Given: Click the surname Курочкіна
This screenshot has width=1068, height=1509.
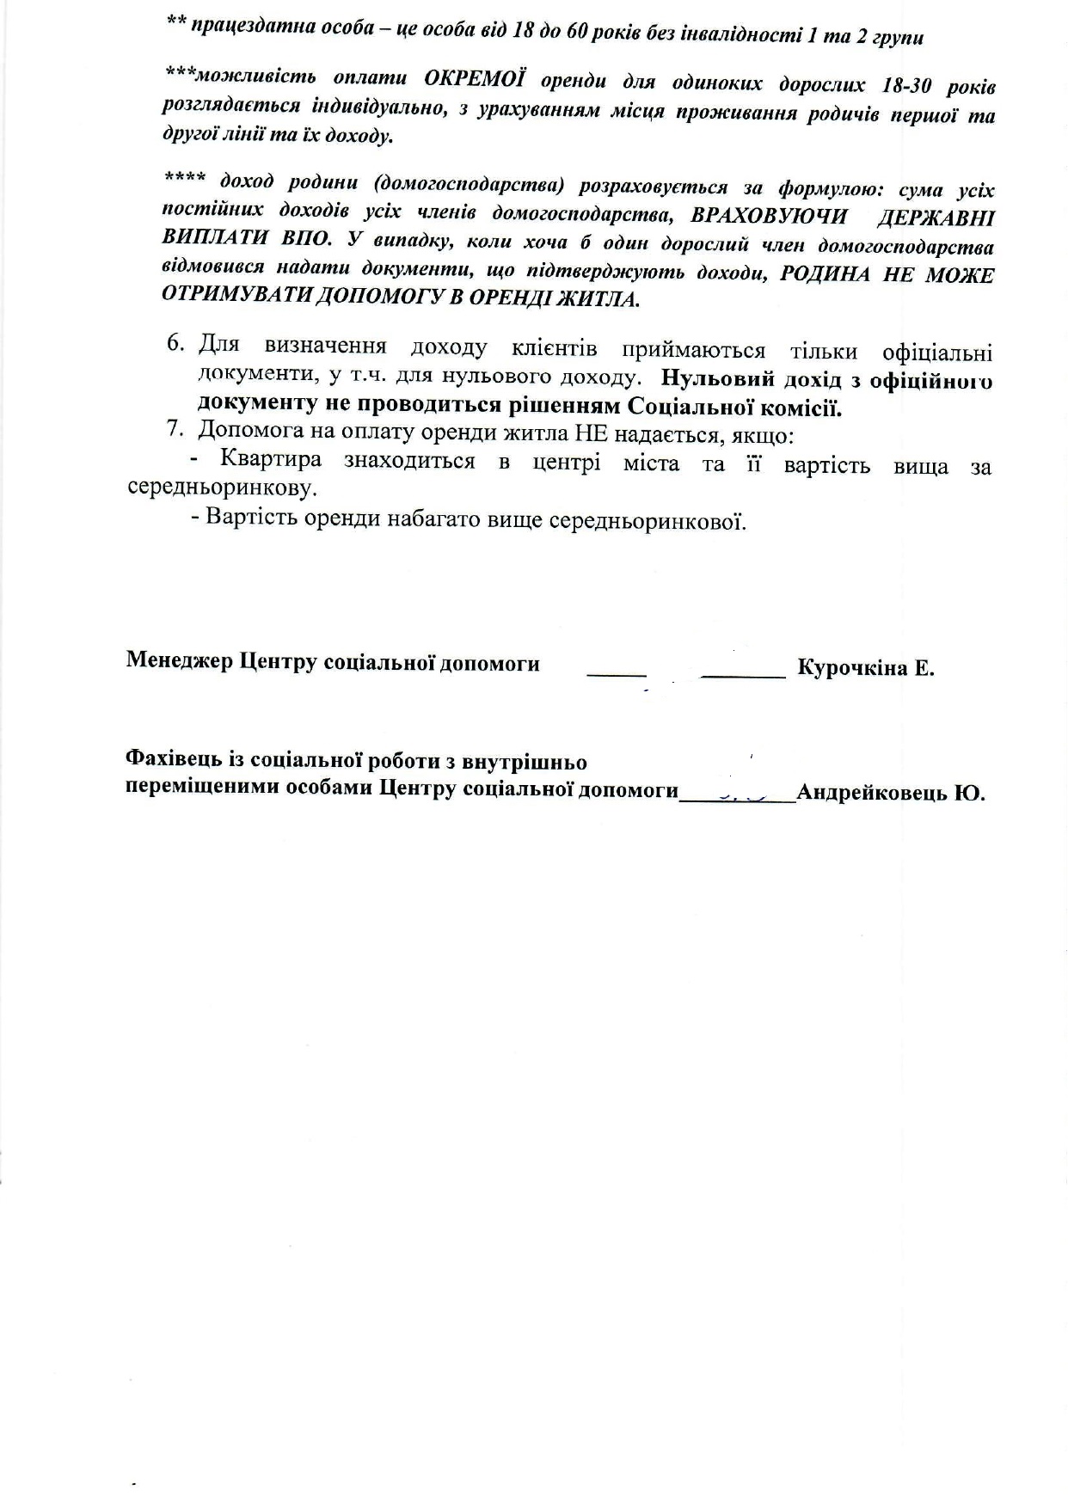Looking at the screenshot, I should (848, 667).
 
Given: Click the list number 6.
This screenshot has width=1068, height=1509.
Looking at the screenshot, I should (175, 343).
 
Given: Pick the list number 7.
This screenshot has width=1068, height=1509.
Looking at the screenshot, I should (175, 428).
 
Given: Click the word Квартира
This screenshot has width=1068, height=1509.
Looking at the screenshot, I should (271, 458).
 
